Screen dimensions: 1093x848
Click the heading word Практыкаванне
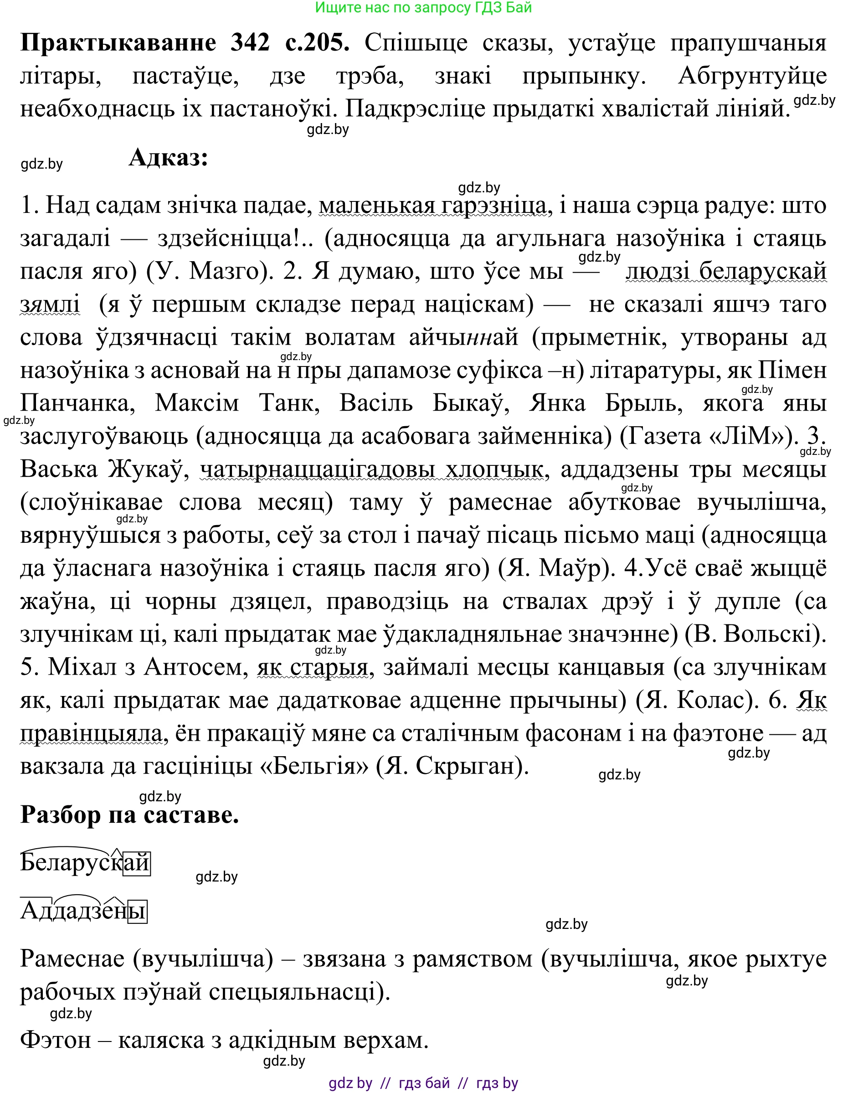click(x=118, y=43)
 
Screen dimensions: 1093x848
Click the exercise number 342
click(x=250, y=43)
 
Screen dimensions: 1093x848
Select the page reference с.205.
click(x=317, y=43)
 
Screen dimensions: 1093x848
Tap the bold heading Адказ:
click(x=168, y=158)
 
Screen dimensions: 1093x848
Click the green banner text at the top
click(x=423, y=7)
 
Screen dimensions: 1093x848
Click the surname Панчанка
click(x=77, y=403)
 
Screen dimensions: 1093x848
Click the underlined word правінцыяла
click(x=91, y=734)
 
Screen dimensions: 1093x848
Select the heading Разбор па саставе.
click(x=129, y=815)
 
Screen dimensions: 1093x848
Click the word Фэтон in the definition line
click(x=56, y=1041)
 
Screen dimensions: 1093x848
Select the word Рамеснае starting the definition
click(x=72, y=959)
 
